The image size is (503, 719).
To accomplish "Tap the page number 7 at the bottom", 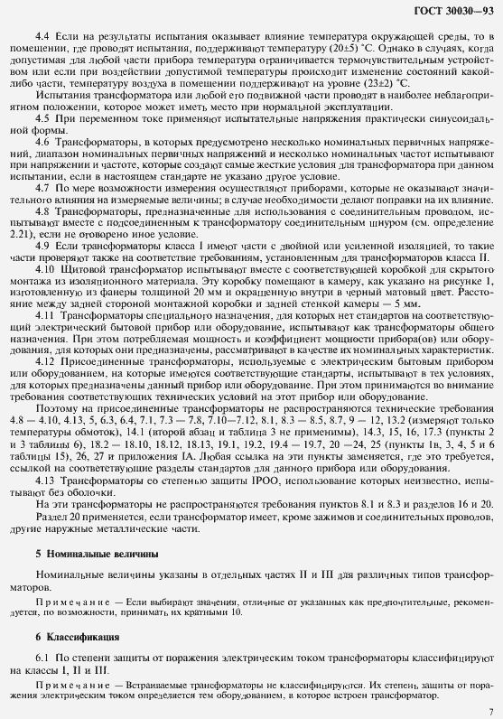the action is coord(489,711).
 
